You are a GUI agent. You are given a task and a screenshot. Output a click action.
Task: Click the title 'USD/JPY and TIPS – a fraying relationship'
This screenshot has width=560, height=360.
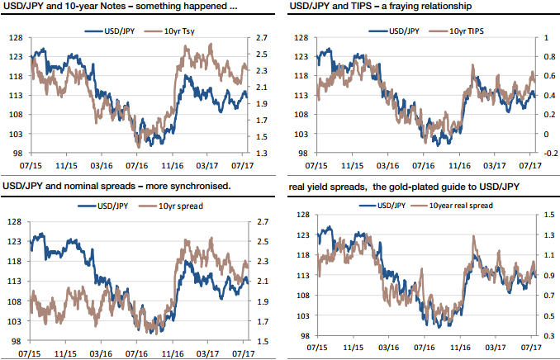(381, 7)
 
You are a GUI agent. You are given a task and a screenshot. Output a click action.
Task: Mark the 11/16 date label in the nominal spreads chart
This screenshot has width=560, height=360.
(172, 353)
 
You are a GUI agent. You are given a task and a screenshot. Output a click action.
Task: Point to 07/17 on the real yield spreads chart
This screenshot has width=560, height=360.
(530, 353)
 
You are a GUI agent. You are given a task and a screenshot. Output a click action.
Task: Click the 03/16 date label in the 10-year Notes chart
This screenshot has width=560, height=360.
(102, 166)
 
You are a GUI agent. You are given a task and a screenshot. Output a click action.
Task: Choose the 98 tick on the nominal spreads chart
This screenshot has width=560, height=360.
(16, 341)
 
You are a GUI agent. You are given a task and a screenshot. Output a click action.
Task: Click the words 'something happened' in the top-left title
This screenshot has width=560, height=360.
(186, 7)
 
